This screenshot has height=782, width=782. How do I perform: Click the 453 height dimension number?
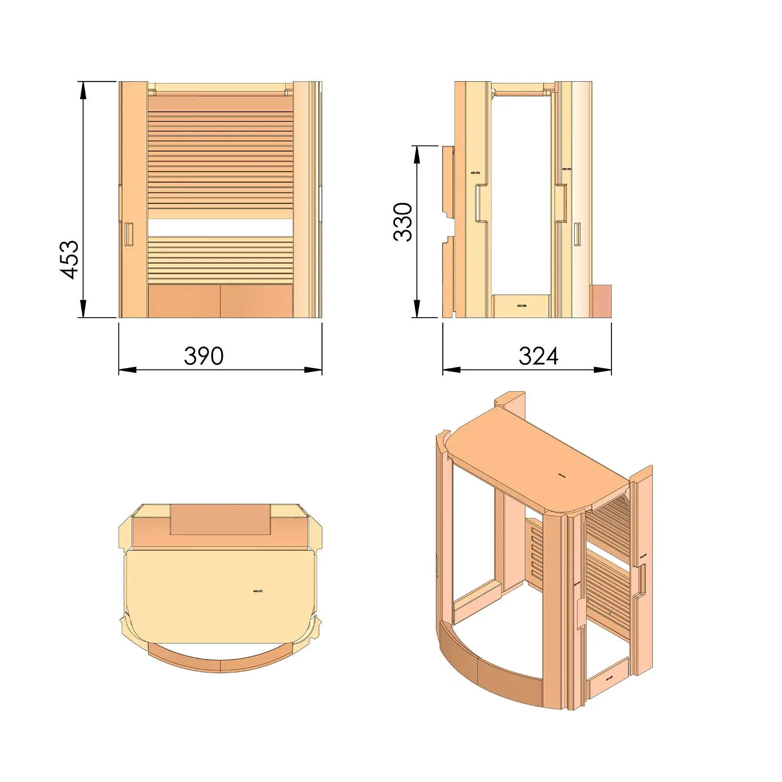click(x=70, y=260)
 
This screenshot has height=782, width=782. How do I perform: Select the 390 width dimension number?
click(x=204, y=356)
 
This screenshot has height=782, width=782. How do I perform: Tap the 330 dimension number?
click(x=403, y=222)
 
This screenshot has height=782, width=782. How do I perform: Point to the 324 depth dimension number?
click(x=538, y=356)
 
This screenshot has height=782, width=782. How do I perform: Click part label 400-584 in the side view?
click(x=475, y=173)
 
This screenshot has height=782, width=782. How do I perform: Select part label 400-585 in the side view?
click(x=566, y=169)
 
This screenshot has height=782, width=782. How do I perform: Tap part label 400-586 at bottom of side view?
click(x=521, y=306)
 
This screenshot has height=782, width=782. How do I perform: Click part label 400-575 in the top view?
click(x=258, y=591)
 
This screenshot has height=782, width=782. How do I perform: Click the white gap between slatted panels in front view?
click(x=220, y=228)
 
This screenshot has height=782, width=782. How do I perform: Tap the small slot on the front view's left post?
click(x=129, y=234)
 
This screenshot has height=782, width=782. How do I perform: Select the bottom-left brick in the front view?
click(x=184, y=301)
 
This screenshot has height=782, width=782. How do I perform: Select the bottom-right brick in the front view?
click(x=256, y=301)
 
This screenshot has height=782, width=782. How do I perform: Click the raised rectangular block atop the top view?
click(x=220, y=519)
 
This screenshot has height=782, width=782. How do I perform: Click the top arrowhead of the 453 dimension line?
click(x=84, y=90)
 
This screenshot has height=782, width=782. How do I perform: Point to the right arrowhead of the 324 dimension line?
click(x=603, y=370)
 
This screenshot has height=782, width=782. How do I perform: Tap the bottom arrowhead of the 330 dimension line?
click(x=417, y=309)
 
